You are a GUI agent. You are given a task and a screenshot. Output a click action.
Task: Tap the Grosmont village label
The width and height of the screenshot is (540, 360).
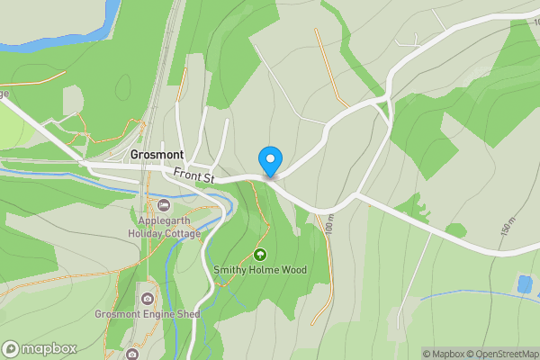point(157,155)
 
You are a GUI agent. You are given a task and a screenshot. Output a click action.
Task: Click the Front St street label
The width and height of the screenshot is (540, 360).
point(193,178)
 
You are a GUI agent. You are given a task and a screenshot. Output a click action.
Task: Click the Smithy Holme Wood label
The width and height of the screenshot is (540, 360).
point(260,270)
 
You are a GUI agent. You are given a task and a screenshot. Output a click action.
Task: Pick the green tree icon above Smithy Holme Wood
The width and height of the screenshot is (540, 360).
point(260,255)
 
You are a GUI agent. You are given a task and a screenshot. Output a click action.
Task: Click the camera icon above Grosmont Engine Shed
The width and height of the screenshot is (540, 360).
point(147,298)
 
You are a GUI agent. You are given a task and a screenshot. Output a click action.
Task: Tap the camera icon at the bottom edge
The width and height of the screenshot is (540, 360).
point(132,354)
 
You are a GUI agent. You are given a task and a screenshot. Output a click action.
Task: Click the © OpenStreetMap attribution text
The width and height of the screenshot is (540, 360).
point(504,354)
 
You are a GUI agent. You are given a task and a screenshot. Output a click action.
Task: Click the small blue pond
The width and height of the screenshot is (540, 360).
point(524,284)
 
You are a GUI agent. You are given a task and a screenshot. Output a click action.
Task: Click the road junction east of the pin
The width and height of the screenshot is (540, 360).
point(358,193)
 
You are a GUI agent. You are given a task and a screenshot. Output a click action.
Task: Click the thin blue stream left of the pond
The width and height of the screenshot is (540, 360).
point(468,293)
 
